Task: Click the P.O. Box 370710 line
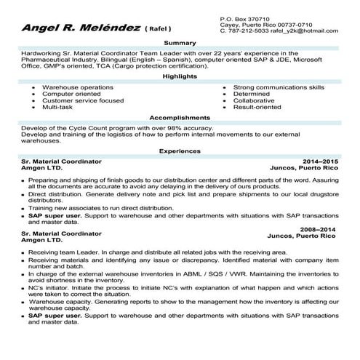click(244, 17)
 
